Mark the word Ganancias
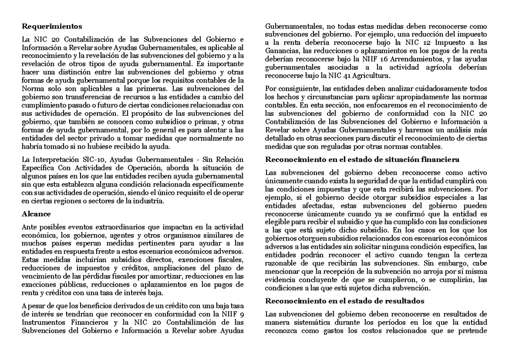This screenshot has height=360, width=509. tap(278, 51)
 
